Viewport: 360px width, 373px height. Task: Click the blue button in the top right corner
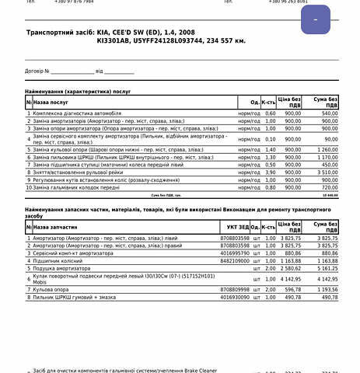click(316, 19)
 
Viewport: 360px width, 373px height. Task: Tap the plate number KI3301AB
click(114, 40)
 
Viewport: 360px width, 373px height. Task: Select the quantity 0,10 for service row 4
click(270, 139)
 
